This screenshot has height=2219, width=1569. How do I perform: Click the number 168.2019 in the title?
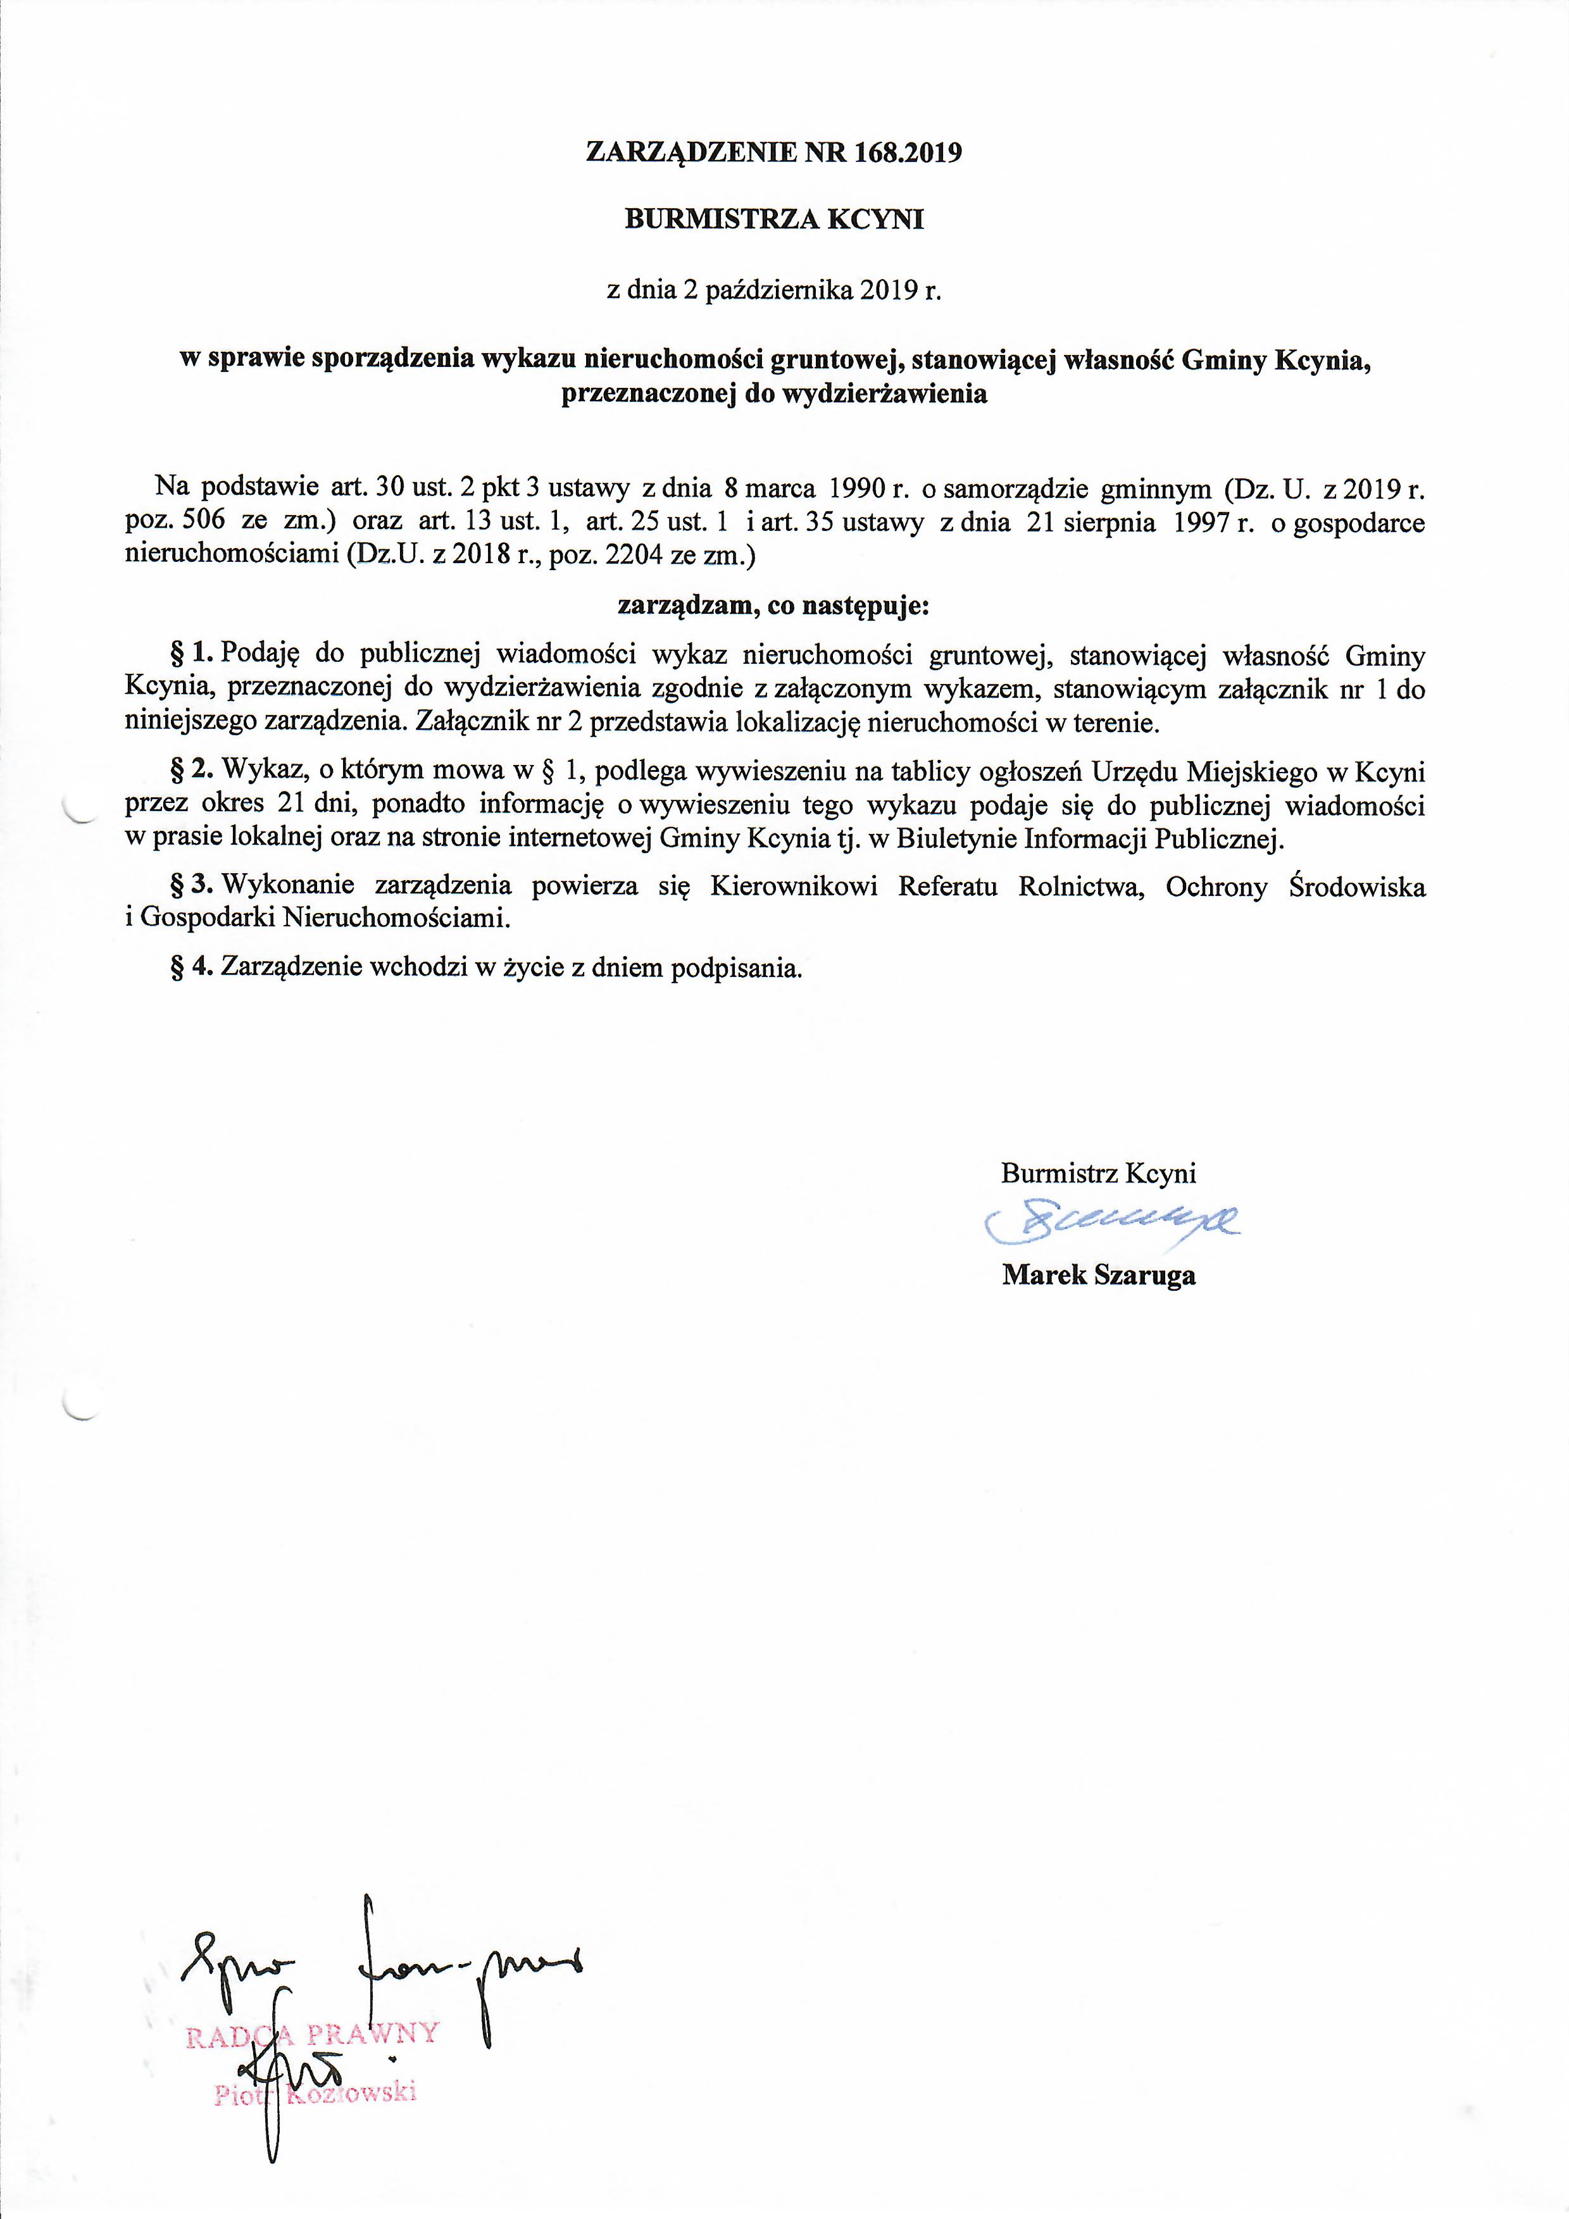[908, 152]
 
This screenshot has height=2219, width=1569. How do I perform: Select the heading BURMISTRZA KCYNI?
[774, 220]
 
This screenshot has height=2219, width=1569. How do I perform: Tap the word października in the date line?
[779, 291]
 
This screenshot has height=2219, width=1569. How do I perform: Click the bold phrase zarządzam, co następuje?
[773, 606]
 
